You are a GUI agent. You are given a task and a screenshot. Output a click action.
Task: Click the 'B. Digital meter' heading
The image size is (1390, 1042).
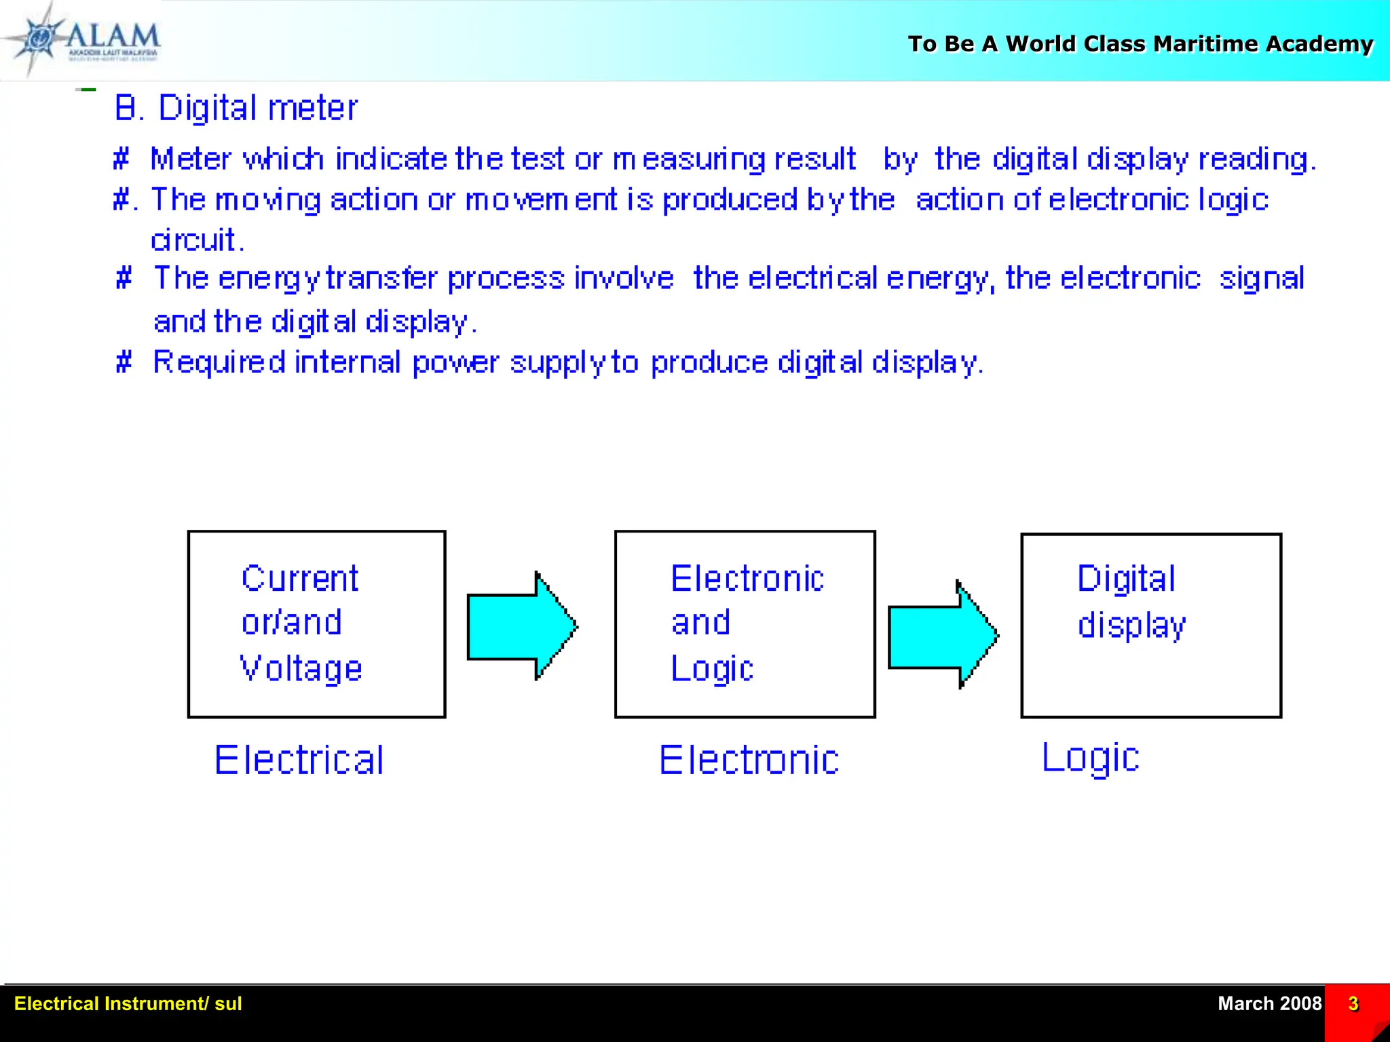click(x=236, y=108)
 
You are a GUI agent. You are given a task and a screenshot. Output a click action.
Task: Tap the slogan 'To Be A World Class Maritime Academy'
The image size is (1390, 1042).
click(x=1140, y=44)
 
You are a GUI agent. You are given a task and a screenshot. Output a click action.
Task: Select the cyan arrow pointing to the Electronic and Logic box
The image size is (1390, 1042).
click(x=521, y=625)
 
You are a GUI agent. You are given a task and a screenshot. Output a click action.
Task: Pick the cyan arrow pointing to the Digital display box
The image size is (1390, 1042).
click(x=943, y=636)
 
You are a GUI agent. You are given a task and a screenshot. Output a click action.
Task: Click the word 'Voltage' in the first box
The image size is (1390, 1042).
click(x=301, y=669)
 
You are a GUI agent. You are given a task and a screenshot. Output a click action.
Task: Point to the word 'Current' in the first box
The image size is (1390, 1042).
click(x=299, y=579)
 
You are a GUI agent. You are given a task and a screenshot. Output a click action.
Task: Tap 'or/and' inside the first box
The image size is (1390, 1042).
click(x=292, y=623)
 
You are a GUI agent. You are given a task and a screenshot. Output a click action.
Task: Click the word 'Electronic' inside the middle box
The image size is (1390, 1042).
click(x=747, y=579)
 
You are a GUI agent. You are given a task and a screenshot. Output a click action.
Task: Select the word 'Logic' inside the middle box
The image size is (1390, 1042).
click(x=712, y=669)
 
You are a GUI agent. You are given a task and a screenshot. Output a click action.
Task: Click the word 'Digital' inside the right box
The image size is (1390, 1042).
click(x=1126, y=579)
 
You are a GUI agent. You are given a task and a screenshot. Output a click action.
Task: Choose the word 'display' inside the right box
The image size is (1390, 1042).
click(x=1131, y=625)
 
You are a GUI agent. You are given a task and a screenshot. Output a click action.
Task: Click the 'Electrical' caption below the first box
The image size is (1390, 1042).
click(x=299, y=760)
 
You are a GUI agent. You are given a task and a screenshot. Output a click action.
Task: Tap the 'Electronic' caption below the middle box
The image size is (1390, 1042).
click(x=749, y=760)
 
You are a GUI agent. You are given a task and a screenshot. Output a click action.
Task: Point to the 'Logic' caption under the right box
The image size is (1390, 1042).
click(x=1091, y=758)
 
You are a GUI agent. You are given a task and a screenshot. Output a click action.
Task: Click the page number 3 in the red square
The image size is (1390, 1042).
click(x=1353, y=1003)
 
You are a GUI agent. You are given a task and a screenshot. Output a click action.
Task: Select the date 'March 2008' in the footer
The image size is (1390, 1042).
click(x=1269, y=1003)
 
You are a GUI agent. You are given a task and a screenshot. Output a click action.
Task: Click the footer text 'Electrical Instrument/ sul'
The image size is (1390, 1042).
click(x=128, y=1003)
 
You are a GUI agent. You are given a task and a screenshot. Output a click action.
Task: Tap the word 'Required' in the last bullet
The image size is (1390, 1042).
click(x=219, y=362)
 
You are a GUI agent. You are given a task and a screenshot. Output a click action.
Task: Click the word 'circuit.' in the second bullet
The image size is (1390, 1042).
click(x=197, y=240)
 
